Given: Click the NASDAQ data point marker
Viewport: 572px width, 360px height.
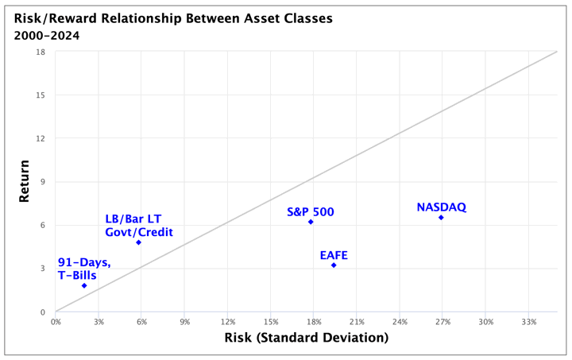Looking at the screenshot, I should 441,217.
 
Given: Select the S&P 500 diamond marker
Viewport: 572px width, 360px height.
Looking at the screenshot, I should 311,222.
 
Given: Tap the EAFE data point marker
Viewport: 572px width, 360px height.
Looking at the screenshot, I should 334,265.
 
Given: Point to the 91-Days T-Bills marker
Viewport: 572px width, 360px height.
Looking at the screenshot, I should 84,285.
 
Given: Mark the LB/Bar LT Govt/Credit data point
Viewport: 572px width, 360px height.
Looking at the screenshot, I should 139,242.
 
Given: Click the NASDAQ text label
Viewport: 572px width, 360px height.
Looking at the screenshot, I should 441,207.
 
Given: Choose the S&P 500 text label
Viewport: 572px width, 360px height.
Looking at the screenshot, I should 311,212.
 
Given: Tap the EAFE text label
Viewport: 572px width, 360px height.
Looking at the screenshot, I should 334,255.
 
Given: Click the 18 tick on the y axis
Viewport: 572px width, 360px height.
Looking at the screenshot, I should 41,52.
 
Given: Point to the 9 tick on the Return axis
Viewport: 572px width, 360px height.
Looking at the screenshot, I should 43,182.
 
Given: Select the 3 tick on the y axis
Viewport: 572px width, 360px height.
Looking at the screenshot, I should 43,269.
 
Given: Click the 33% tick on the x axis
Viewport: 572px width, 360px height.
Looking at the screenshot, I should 529,322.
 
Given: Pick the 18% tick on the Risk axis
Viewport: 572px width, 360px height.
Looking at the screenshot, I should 314,322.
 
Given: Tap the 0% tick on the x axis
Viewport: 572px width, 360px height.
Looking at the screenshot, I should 56,322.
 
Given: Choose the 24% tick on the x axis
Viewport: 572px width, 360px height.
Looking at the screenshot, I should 400,322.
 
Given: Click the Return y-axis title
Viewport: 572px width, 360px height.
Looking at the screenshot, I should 25,182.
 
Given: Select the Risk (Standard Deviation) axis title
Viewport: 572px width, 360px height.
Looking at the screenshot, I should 305,339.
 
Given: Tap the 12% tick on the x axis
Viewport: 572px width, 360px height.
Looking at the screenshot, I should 228,322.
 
